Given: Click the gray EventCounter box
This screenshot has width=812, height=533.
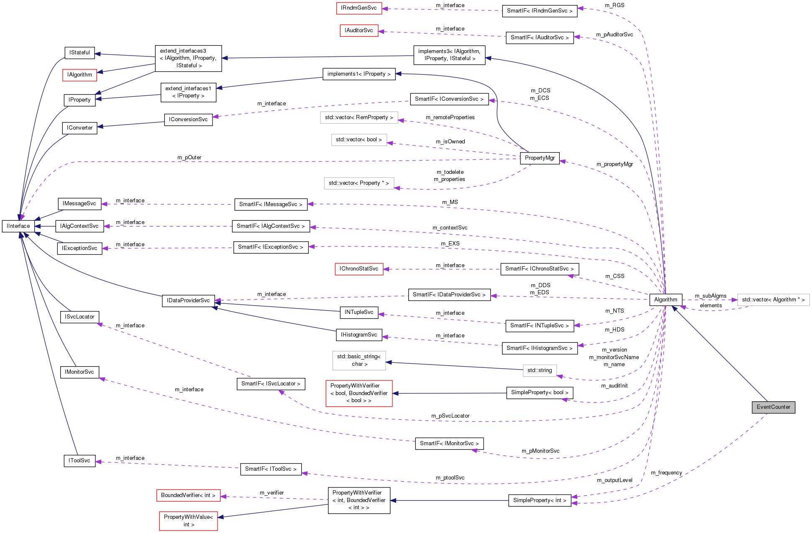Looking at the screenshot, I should coord(773,407).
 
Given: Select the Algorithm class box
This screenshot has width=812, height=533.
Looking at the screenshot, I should coord(665,300).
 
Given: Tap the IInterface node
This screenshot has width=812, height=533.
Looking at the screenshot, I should coord(18,226).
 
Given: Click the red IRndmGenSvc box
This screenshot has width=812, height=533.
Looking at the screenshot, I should coord(359,8).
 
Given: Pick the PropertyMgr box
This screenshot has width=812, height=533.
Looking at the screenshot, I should coord(540,158).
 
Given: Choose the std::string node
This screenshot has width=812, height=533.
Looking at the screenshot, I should coord(539,370).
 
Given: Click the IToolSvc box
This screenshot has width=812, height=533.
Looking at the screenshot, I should coord(79,461).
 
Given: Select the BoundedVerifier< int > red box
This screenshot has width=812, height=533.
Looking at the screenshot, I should coord(188,495).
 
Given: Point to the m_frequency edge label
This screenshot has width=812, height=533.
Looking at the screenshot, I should coord(666,473).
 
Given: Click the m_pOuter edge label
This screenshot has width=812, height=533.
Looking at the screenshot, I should coord(189,158).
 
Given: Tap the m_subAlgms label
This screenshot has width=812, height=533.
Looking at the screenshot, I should coord(710,296).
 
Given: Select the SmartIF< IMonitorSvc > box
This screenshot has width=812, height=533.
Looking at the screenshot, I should coord(449,444).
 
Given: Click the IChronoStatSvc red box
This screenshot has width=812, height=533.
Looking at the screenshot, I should coord(359,269).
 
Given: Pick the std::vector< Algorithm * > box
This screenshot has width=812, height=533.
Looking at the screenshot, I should coord(773,300).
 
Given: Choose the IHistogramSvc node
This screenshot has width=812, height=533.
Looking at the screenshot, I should coord(359,335).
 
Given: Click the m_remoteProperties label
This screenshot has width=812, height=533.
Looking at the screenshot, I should coord(450,117).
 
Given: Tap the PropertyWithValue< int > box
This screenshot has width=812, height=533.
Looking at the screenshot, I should coord(188,521).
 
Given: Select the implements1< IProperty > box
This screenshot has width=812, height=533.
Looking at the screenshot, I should coord(359,74).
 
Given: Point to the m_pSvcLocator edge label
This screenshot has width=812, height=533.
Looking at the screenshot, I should coord(450,416).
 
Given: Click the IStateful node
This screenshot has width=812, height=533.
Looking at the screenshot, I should coord(79,53).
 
